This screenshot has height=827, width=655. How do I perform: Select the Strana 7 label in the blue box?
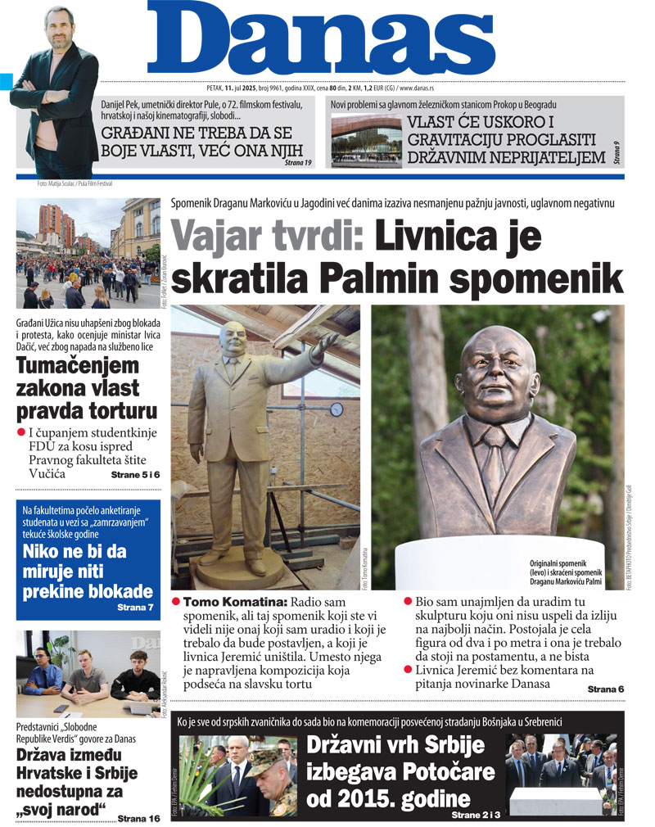coord(135,608)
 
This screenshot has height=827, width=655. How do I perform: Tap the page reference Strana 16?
coord(139,817)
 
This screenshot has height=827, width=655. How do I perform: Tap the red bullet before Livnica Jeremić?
coord(408,669)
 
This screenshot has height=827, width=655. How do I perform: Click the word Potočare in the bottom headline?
coord(427,771)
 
